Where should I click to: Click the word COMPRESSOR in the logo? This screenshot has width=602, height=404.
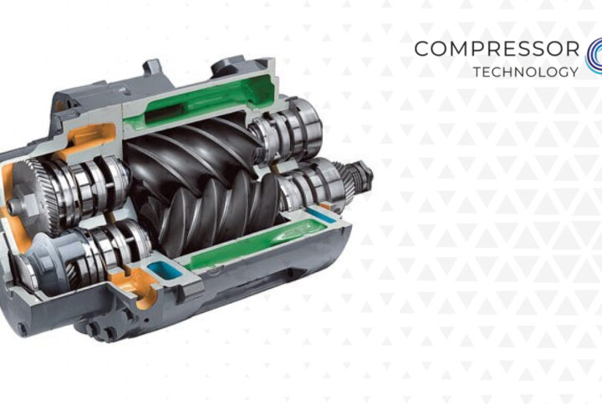click(x=497, y=48)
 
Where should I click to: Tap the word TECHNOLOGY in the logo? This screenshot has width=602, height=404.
click(x=526, y=72)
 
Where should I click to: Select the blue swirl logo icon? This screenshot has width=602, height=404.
click(x=594, y=56)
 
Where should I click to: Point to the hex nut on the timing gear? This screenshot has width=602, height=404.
click(x=14, y=207)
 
